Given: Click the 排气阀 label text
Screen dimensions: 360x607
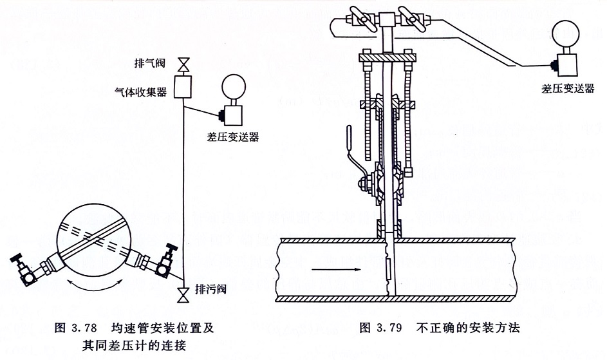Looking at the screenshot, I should [152, 63].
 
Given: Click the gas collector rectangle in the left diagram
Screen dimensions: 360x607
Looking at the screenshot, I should [183, 86].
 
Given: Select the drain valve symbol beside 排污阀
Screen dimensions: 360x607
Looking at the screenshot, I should [184, 295].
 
